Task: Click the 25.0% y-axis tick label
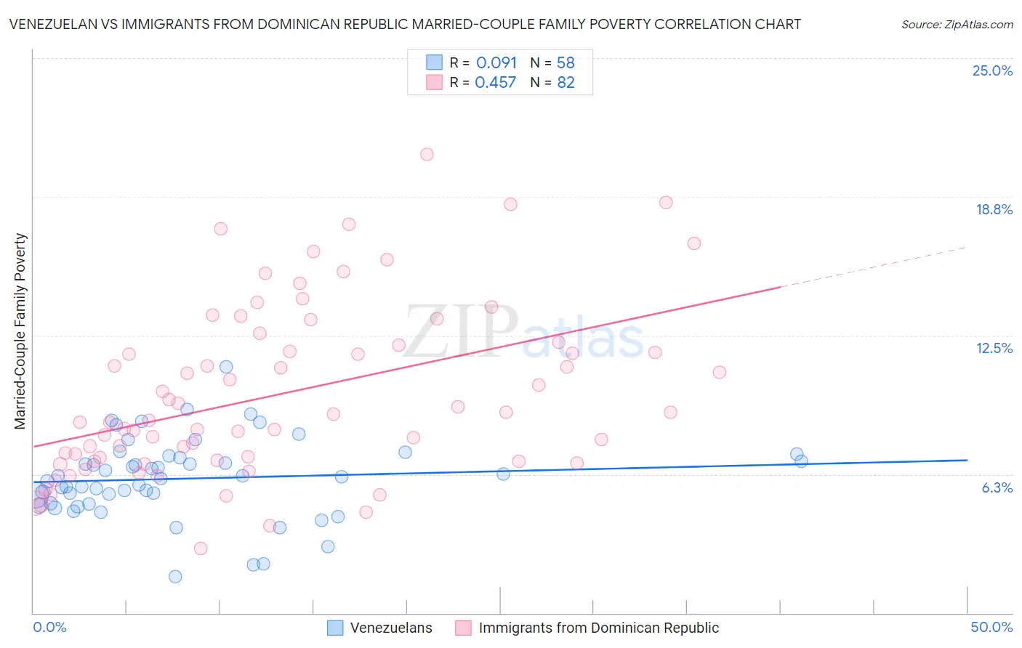pos(992,70)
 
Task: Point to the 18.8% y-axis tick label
pos(994,209)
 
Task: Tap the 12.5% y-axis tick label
pos(994,348)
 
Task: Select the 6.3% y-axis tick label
pos(997,487)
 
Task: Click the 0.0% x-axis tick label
pos(50,627)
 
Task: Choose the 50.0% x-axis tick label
pos(991,627)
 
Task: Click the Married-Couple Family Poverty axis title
pos(20,331)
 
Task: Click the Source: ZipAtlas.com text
pos(957,24)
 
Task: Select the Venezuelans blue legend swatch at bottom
pos(335,628)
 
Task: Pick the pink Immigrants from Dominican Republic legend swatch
pos(463,628)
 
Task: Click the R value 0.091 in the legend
pos(496,62)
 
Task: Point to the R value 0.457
pos(495,82)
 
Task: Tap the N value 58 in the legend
pos(566,62)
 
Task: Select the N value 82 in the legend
pos(566,82)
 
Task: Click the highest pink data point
pos(427,154)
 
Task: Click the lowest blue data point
pos(175,577)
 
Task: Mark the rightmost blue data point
pos(801,461)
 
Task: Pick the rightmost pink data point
pos(720,372)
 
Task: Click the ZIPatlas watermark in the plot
pos(524,331)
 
